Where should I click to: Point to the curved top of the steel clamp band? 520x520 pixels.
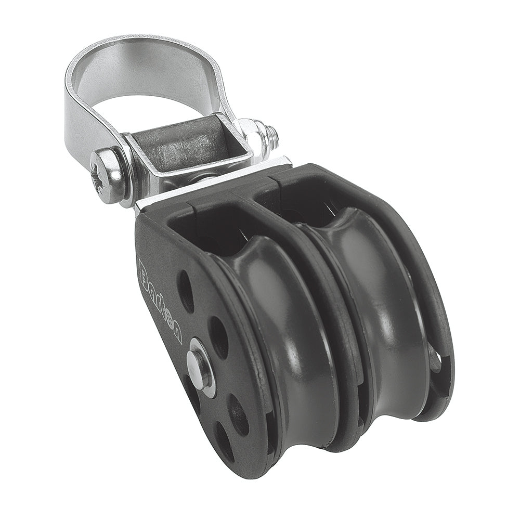pos(140,42)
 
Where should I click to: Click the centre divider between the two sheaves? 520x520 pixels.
pos(346,312)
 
